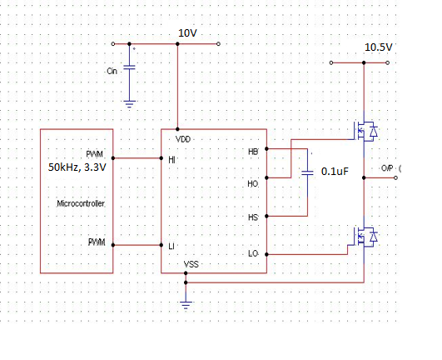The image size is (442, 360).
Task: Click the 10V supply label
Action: pos(187,33)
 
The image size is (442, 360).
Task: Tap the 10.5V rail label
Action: pos(378,47)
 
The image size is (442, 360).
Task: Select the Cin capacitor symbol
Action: pos(129,67)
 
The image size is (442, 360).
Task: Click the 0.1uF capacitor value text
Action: pos(335,172)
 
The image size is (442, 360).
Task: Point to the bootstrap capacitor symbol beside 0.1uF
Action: pos(307,172)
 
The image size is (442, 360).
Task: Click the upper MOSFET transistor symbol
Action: pos(364,132)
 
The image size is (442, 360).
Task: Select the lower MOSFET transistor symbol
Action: pos(364,237)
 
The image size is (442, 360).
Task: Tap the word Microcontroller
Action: pos(81,203)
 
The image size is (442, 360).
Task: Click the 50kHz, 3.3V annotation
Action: pos(77,167)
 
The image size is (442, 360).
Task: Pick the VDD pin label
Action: pos(183,139)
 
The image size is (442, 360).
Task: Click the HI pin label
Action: pos(171,160)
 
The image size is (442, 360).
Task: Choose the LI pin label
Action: pos(171,247)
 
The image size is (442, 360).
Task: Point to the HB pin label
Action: pos(253,152)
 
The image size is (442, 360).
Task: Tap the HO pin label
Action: pos(253,184)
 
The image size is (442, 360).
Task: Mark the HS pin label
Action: pos(253,217)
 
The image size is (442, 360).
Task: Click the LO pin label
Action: pos(253,253)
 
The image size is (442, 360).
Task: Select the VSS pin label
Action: pos(191,264)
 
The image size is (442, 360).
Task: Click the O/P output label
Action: pos(387,168)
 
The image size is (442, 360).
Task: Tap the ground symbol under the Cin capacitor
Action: pos(129,104)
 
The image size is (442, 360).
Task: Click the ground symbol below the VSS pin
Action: pos(186,305)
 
